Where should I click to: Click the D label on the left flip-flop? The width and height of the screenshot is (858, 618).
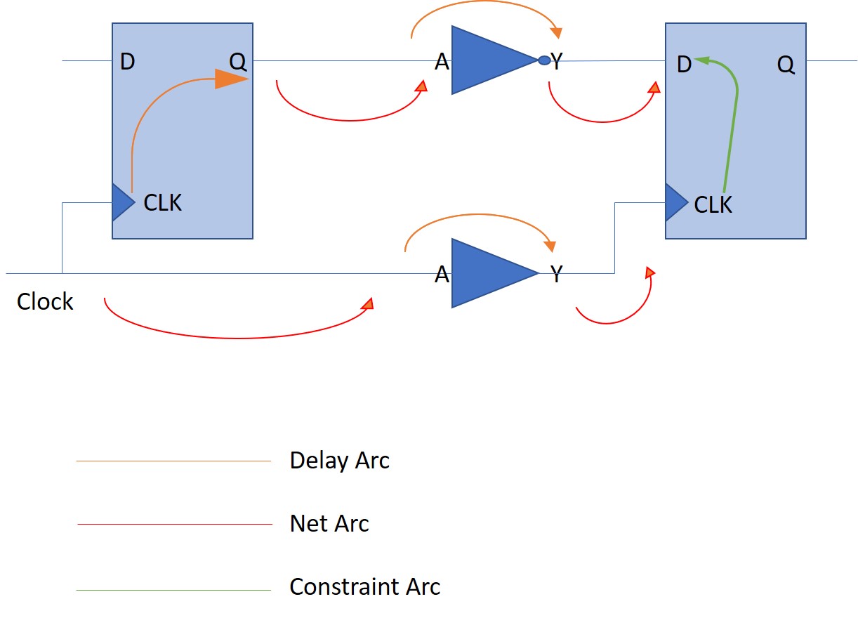click(x=127, y=62)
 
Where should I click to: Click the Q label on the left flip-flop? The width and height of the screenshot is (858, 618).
click(x=238, y=62)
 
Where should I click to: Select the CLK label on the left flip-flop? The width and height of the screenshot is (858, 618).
click(x=163, y=203)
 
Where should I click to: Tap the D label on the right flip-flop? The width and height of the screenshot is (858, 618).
click(x=684, y=65)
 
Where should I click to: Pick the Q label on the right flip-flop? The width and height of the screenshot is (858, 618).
click(x=786, y=65)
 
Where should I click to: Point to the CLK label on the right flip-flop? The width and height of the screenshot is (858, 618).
click(x=713, y=205)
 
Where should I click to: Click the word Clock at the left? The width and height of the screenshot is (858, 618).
click(x=45, y=302)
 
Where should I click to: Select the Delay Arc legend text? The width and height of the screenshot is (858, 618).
click(x=339, y=461)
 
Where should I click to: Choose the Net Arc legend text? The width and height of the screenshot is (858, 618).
click(x=329, y=524)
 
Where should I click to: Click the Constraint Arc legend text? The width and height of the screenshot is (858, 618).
click(x=364, y=587)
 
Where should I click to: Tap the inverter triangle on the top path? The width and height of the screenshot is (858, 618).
click(x=488, y=60)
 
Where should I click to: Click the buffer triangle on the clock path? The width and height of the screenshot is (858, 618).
click(x=488, y=273)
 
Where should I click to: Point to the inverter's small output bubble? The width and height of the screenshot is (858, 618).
click(x=544, y=60)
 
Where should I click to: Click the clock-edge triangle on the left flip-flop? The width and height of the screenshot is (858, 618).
click(x=122, y=203)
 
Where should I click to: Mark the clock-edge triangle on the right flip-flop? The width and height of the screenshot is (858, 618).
click(x=675, y=203)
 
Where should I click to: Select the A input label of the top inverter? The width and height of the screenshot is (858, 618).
click(x=442, y=63)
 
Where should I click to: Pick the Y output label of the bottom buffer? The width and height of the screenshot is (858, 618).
click(x=556, y=275)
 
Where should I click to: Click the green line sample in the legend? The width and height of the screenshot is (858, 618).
click(x=173, y=590)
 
